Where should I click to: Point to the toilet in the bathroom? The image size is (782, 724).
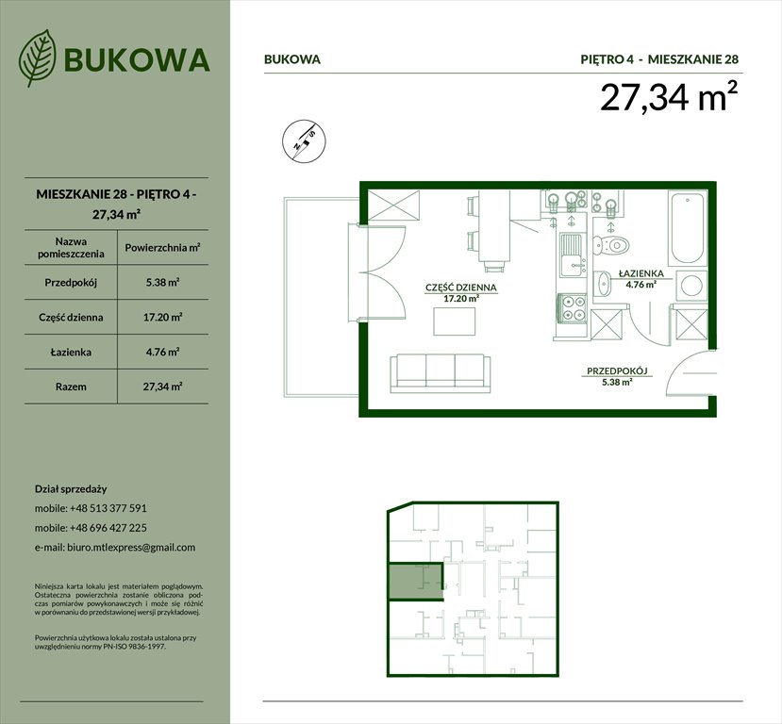click(x=615, y=242)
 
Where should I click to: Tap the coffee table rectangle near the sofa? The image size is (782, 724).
click(x=455, y=321)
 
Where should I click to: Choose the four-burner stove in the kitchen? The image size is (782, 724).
click(x=573, y=308)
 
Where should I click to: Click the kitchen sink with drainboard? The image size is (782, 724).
click(x=572, y=255)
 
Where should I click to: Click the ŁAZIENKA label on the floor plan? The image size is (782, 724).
click(x=641, y=274)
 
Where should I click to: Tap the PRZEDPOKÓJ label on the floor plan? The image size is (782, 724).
click(x=619, y=371)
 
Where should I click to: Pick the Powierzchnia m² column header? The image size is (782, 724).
click(x=163, y=248)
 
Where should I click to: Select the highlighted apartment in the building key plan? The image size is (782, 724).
click(x=414, y=580)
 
